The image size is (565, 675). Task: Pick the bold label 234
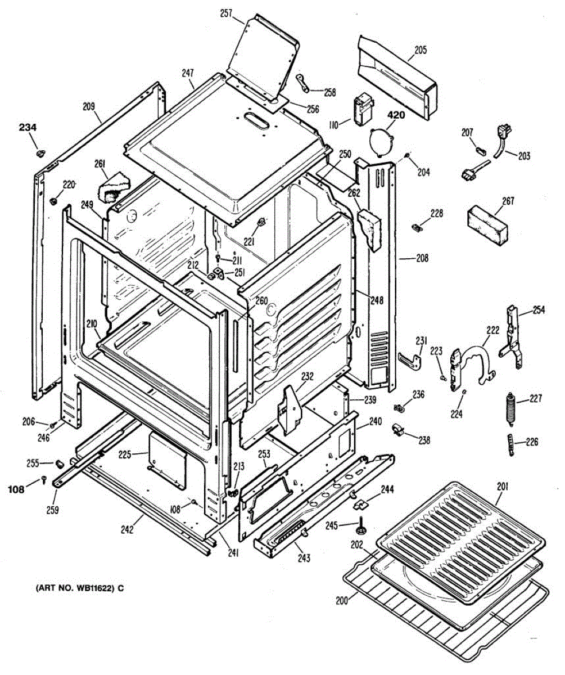coord(28,129)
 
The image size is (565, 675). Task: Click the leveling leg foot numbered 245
coord(359,528)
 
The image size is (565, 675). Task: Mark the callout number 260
coord(261,300)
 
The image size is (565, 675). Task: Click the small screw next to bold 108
coord(44,479)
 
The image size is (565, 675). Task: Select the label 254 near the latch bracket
coord(539,310)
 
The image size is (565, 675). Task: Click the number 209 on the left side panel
coord(88,106)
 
